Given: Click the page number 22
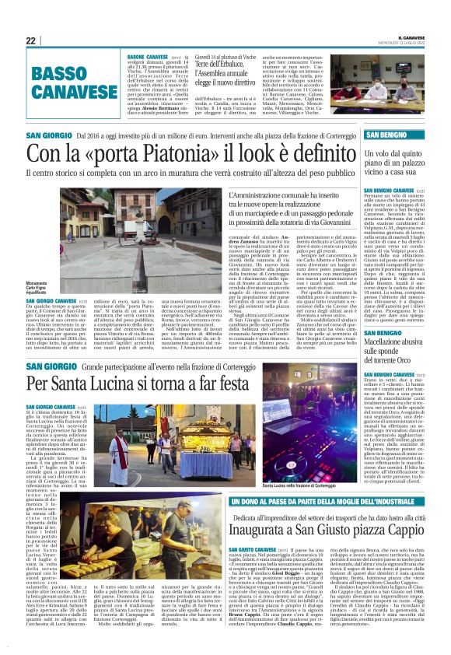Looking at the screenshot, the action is click(31, 40).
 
